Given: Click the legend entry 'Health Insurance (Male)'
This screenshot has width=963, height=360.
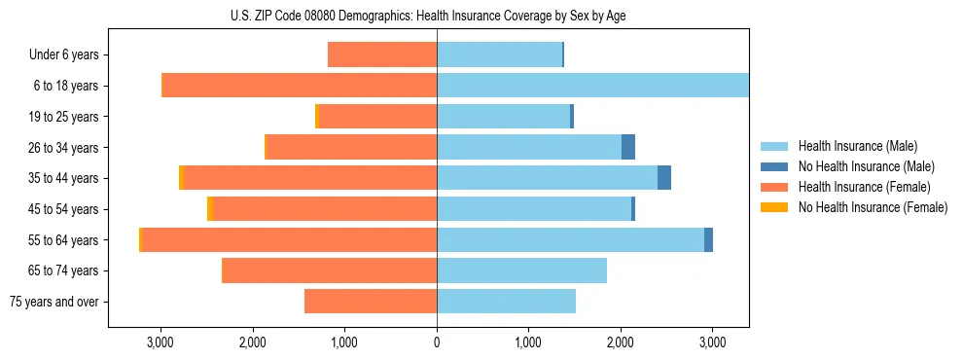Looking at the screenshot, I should (857, 146).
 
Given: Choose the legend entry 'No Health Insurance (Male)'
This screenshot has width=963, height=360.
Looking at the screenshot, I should (866, 166).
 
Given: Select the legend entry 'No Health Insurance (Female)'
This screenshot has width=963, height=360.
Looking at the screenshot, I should (873, 207).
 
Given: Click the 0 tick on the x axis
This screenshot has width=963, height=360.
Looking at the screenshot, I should (437, 342).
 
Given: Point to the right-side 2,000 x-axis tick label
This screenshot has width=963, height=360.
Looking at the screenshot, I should (621, 342).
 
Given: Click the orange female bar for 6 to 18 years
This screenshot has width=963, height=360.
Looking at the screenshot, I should (300, 86).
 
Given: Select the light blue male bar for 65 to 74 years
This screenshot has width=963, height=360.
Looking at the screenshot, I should (521, 270).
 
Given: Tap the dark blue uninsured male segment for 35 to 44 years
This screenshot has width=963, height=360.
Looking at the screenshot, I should (664, 178).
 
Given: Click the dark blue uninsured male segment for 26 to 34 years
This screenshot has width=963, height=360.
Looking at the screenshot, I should (628, 147).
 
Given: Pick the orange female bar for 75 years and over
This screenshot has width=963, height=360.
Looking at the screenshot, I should (371, 302).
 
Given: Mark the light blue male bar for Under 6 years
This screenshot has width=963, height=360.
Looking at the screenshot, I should (499, 54).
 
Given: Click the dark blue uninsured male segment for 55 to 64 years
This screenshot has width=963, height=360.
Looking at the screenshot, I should (708, 239).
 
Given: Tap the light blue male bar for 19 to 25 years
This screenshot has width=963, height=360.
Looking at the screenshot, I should (503, 117).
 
